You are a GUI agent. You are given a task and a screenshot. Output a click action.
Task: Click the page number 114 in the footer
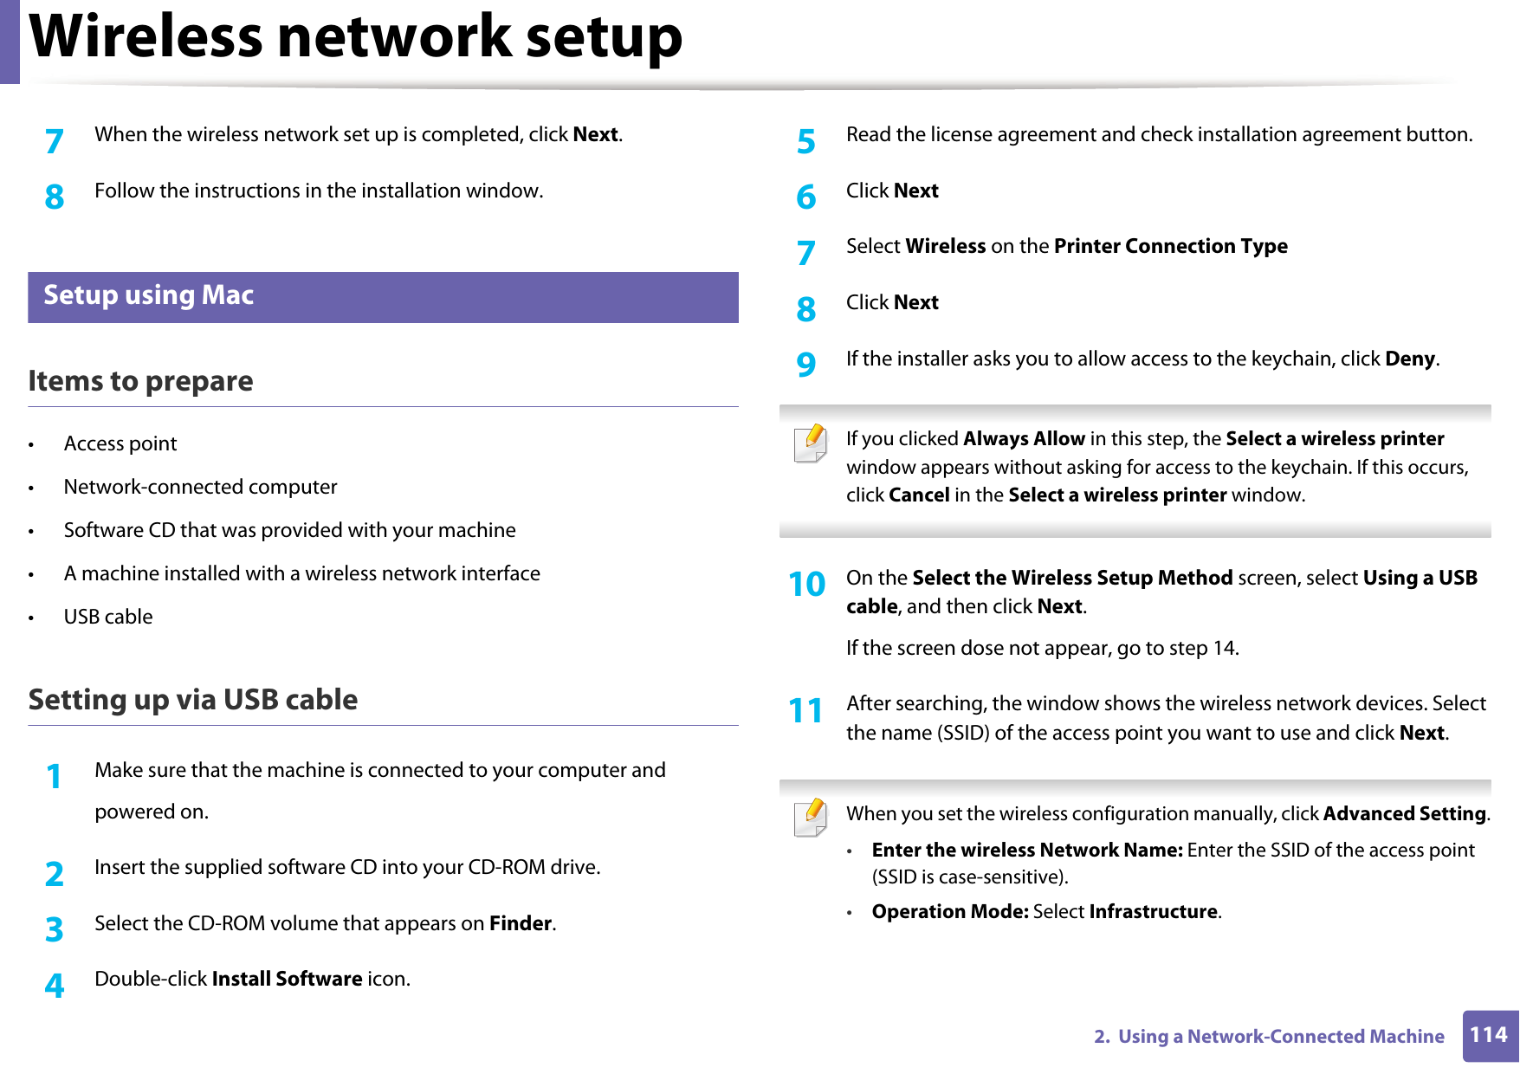click(x=1489, y=1035)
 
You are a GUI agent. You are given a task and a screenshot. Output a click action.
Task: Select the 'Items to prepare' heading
click(x=140, y=381)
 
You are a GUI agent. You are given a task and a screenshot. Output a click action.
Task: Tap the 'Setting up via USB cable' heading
click(x=192, y=700)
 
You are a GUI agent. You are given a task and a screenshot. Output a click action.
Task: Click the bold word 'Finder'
click(x=521, y=923)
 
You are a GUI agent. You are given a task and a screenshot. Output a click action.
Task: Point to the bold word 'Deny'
click(x=1409, y=359)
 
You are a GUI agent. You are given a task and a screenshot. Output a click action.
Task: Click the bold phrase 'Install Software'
click(x=287, y=979)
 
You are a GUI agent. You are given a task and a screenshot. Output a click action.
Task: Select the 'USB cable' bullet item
click(x=108, y=617)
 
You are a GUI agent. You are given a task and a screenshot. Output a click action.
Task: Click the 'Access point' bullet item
click(x=120, y=443)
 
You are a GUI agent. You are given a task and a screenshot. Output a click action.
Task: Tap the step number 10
click(x=806, y=584)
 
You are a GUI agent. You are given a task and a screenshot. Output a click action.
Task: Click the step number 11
click(x=805, y=710)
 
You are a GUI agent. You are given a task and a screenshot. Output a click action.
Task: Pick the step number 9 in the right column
click(x=805, y=364)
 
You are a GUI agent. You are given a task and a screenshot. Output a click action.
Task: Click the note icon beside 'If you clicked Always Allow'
click(x=811, y=443)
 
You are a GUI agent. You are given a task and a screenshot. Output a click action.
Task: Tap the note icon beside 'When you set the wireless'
click(x=811, y=818)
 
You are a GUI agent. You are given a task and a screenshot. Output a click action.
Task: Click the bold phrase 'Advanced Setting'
click(x=1404, y=813)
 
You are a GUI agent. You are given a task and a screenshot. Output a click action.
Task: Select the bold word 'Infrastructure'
click(x=1153, y=911)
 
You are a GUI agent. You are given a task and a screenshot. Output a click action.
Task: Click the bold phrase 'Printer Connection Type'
click(x=1170, y=246)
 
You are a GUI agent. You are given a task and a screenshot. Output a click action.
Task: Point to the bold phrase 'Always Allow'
click(x=1024, y=438)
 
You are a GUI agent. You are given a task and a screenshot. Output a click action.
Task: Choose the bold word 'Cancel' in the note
click(x=919, y=495)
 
